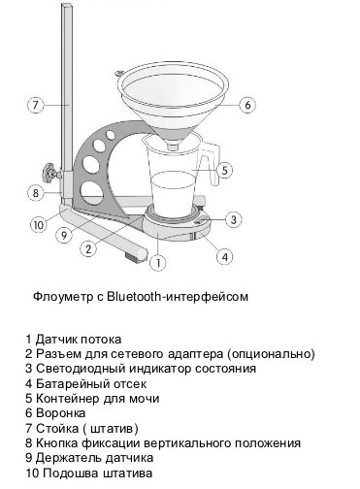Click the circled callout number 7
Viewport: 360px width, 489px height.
click(35, 105)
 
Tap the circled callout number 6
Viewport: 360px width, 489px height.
click(247, 105)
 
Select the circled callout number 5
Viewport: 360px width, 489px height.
click(224, 170)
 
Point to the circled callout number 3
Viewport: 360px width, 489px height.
click(234, 219)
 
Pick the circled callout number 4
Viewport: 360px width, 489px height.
click(225, 257)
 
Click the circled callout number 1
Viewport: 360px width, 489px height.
click(158, 263)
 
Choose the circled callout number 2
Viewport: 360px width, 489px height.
click(88, 248)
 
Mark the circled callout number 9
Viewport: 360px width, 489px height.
click(64, 235)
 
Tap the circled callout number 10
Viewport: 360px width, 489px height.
click(39, 224)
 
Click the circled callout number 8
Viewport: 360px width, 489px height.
click(35, 193)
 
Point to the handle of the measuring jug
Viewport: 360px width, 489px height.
click(211, 163)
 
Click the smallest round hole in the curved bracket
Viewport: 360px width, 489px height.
click(111, 135)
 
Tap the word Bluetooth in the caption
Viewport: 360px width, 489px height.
click(134, 296)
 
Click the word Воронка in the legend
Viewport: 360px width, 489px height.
click(60, 413)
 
